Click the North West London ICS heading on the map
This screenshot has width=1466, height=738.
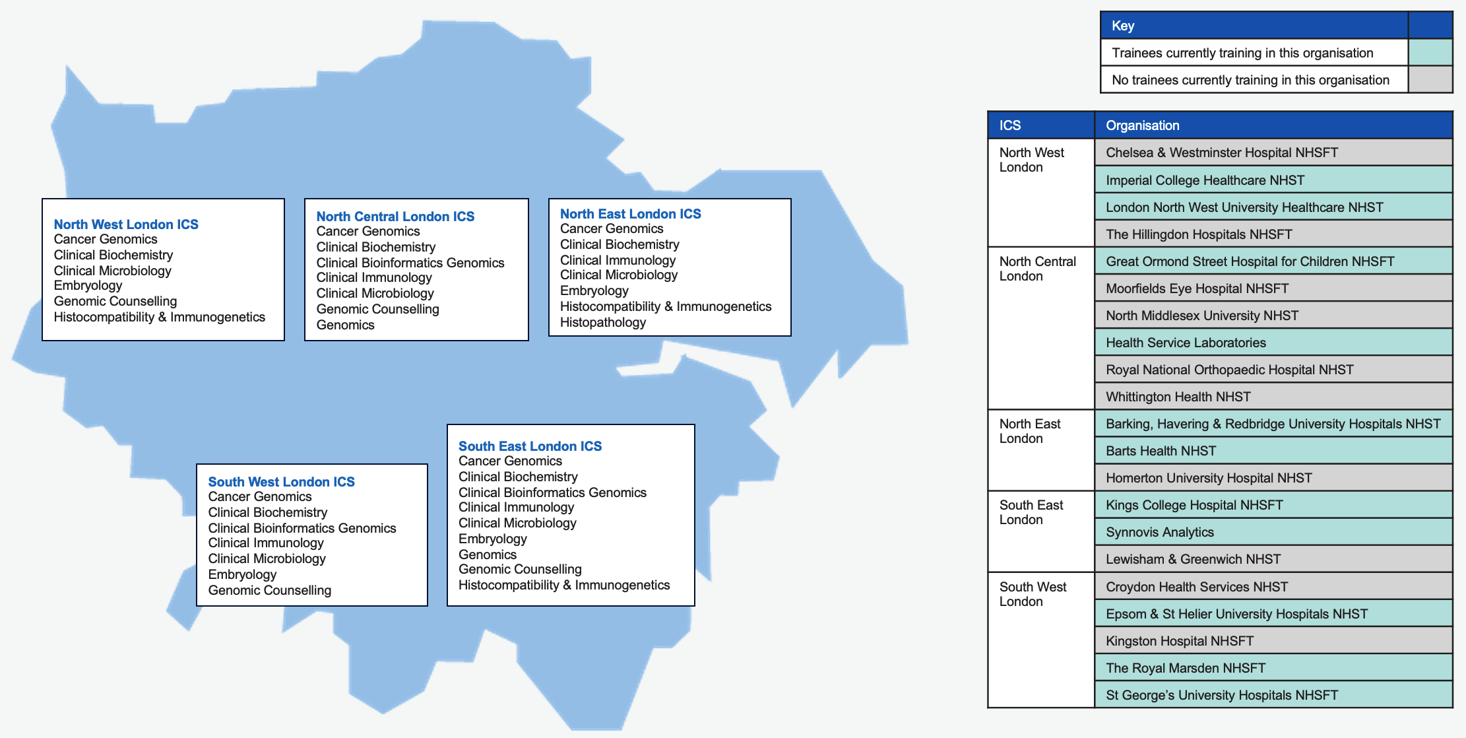tap(126, 224)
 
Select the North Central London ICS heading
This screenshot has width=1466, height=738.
tap(395, 217)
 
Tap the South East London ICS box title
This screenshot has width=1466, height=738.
tap(530, 446)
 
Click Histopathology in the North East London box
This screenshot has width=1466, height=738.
tap(603, 322)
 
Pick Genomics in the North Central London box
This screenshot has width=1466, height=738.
tap(345, 325)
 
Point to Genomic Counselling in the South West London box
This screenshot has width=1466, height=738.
tap(270, 590)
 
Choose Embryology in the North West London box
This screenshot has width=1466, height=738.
tap(88, 285)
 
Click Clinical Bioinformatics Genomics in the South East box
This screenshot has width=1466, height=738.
tap(552, 492)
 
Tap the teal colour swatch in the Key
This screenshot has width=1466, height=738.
tap(1430, 52)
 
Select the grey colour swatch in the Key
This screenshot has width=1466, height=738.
tap(1430, 79)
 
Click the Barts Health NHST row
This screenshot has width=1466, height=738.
tap(1273, 451)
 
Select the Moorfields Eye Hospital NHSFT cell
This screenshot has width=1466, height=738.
tap(1273, 288)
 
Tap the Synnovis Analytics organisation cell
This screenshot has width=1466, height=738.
tap(1273, 532)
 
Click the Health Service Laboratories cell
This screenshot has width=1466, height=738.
tap(1273, 343)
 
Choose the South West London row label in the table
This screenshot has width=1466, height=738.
tap(1033, 594)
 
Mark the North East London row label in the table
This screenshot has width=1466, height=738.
tap(1030, 431)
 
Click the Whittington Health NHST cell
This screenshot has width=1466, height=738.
tap(1273, 397)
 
